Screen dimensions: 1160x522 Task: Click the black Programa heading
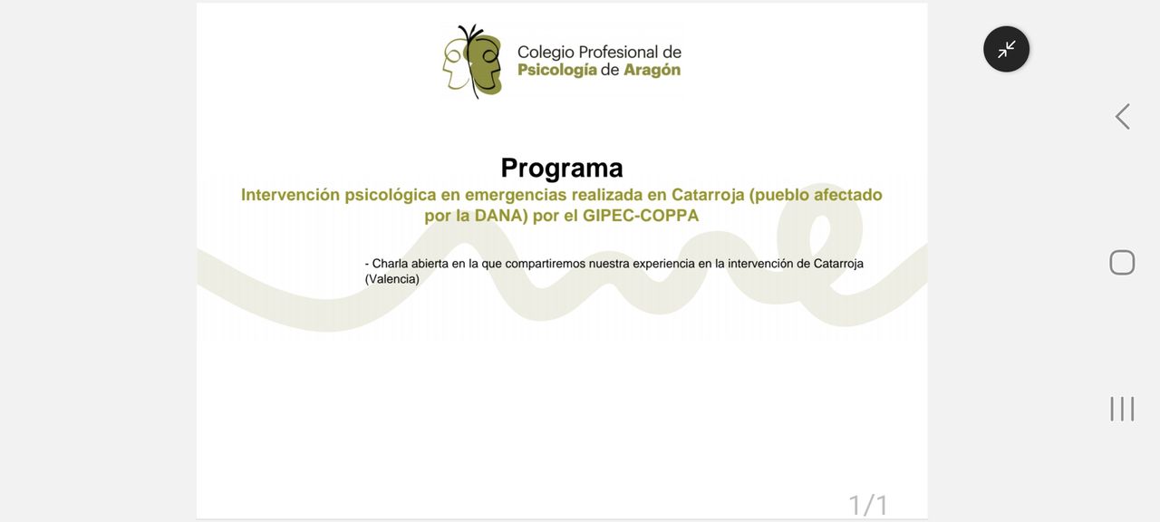pyautogui.click(x=562, y=169)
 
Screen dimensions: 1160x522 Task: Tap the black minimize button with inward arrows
pyautogui.click(x=1006, y=49)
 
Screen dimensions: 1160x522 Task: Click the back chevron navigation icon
pyautogui.click(x=1122, y=117)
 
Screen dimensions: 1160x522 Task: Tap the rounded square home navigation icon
pyautogui.click(x=1122, y=263)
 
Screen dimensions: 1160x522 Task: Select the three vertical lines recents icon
pyautogui.click(x=1122, y=409)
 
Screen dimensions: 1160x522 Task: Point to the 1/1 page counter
pyautogui.click(x=868, y=505)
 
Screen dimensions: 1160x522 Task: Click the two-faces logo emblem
pyautogui.click(x=472, y=61)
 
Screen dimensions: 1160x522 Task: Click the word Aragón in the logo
pyautogui.click(x=652, y=70)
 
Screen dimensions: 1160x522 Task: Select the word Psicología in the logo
pyautogui.click(x=557, y=70)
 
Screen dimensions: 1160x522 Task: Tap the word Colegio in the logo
pyautogui.click(x=546, y=53)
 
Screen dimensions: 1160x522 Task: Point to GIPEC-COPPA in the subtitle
pyautogui.click(x=641, y=216)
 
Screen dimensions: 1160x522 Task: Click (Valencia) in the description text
pyautogui.click(x=392, y=279)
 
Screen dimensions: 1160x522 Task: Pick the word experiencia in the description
pyautogui.click(x=664, y=264)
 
